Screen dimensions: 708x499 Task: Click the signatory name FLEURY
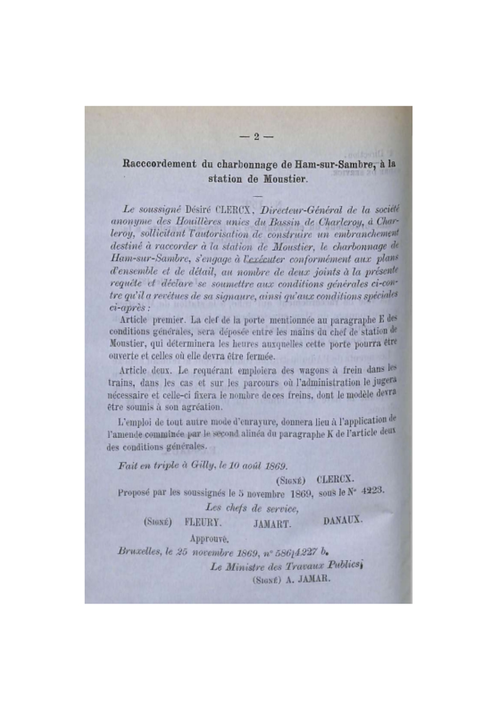pos(203,522)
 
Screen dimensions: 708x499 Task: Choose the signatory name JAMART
pos(272,524)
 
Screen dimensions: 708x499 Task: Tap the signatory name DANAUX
pos(343,520)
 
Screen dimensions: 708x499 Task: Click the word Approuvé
pos(209,539)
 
